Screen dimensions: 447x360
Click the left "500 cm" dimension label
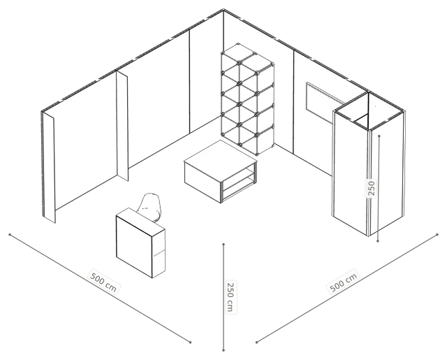(103, 281)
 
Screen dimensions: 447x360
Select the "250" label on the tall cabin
(371, 188)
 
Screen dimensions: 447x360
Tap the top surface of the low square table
(221, 161)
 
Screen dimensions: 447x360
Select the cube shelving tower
(247, 99)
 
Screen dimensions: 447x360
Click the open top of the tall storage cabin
(369, 111)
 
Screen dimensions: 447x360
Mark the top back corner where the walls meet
(223, 10)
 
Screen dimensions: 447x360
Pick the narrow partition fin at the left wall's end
(48, 167)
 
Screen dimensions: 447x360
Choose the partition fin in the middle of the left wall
(122, 126)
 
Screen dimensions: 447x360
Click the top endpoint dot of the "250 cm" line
(223, 244)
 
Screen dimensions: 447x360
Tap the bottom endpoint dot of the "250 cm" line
(223, 350)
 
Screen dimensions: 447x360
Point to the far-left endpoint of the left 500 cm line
(10, 235)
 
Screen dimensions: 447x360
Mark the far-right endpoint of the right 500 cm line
(437, 235)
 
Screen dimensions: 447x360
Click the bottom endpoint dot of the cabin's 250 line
(378, 241)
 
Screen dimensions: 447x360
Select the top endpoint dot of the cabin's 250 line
(379, 136)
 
